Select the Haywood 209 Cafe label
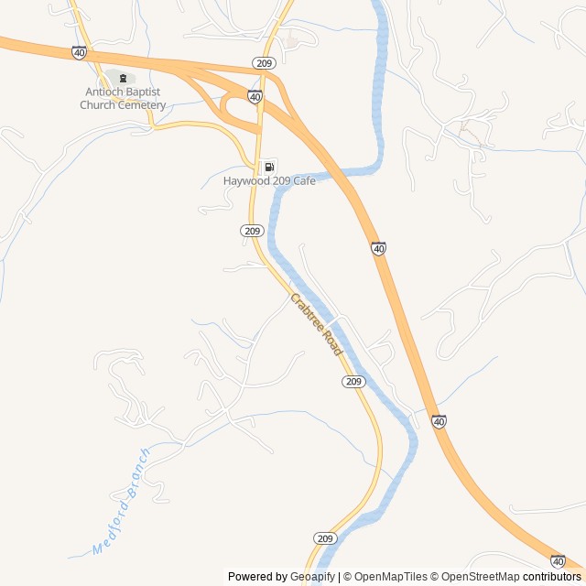pos(269,181)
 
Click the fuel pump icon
pos(269,167)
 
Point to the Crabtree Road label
pos(316,324)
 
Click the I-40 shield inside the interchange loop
pos(255,96)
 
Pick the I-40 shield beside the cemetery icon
pos(80,53)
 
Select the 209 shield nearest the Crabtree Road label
pos(355,381)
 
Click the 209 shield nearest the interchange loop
pos(264,63)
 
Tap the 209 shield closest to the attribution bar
pos(326,538)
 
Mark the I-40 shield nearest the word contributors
pos(558,561)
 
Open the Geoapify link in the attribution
pos(313,577)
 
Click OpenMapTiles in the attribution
pos(390,577)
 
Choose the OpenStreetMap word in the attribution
pos(481,577)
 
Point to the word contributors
pos(552,577)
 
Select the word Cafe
pos(303,181)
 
